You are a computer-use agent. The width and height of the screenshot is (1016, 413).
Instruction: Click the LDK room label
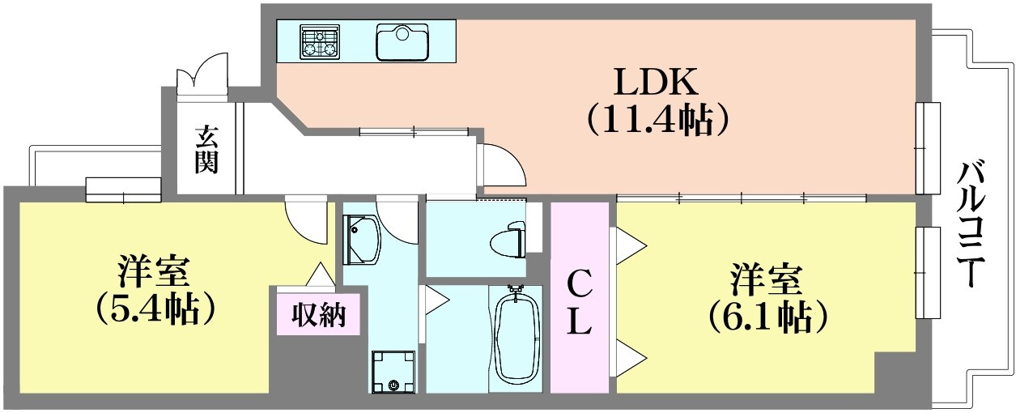pyautogui.click(x=656, y=82)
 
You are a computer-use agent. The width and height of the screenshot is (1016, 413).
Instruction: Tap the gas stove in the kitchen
pyautogui.click(x=320, y=42)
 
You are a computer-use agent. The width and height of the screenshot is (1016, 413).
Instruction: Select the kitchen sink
pyautogui.click(x=402, y=42)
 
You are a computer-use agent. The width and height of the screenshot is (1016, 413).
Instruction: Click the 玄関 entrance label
pyautogui.click(x=206, y=151)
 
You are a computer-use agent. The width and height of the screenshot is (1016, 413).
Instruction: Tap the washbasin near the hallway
pyautogui.click(x=362, y=240)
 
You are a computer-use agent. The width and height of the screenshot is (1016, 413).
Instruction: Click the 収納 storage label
pyautogui.click(x=319, y=314)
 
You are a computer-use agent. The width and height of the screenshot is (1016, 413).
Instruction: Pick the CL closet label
pyautogui.click(x=579, y=302)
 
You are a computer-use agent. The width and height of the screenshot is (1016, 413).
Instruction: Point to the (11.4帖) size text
pyautogui.click(x=658, y=119)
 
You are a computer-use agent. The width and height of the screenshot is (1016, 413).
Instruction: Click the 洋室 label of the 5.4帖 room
pyautogui.click(x=153, y=271)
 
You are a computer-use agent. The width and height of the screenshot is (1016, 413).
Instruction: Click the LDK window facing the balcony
pyautogui.click(x=928, y=148)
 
